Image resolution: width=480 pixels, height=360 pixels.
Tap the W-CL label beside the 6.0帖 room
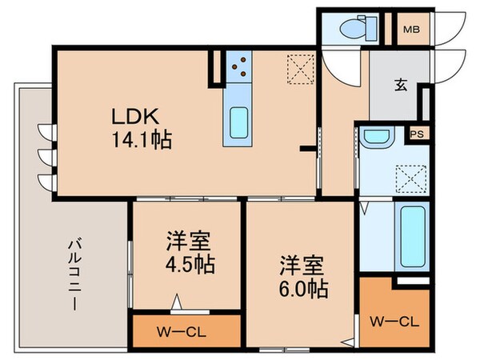pos(396,322)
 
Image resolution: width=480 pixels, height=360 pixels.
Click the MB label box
pos(410,30)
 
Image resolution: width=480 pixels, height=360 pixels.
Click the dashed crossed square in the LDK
pos(300,69)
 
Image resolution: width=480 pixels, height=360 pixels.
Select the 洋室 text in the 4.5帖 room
pos(189,241)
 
